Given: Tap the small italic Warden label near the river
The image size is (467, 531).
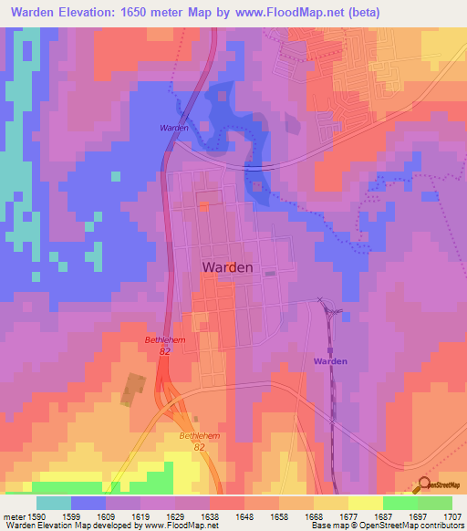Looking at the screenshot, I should coord(174,128).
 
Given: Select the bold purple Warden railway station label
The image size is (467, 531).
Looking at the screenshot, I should coord(331,361).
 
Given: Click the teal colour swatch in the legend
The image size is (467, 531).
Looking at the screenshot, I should coord(54,503).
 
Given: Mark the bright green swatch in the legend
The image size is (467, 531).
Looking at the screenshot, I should coord(400,503).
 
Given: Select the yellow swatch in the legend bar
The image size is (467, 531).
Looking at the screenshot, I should coord(365,503).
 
